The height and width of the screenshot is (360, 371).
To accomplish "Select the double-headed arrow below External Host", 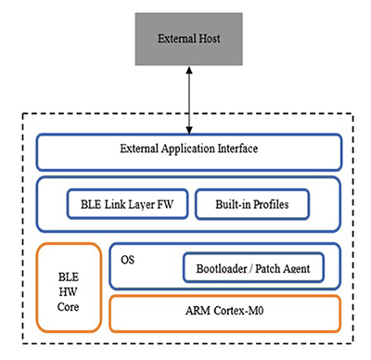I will point(188,102).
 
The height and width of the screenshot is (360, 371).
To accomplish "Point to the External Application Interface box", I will point(188,150).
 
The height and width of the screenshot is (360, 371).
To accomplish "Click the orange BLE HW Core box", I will point(69,287).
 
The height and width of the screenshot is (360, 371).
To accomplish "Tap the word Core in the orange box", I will point(69,303).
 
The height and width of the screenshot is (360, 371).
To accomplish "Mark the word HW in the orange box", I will point(69,287).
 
